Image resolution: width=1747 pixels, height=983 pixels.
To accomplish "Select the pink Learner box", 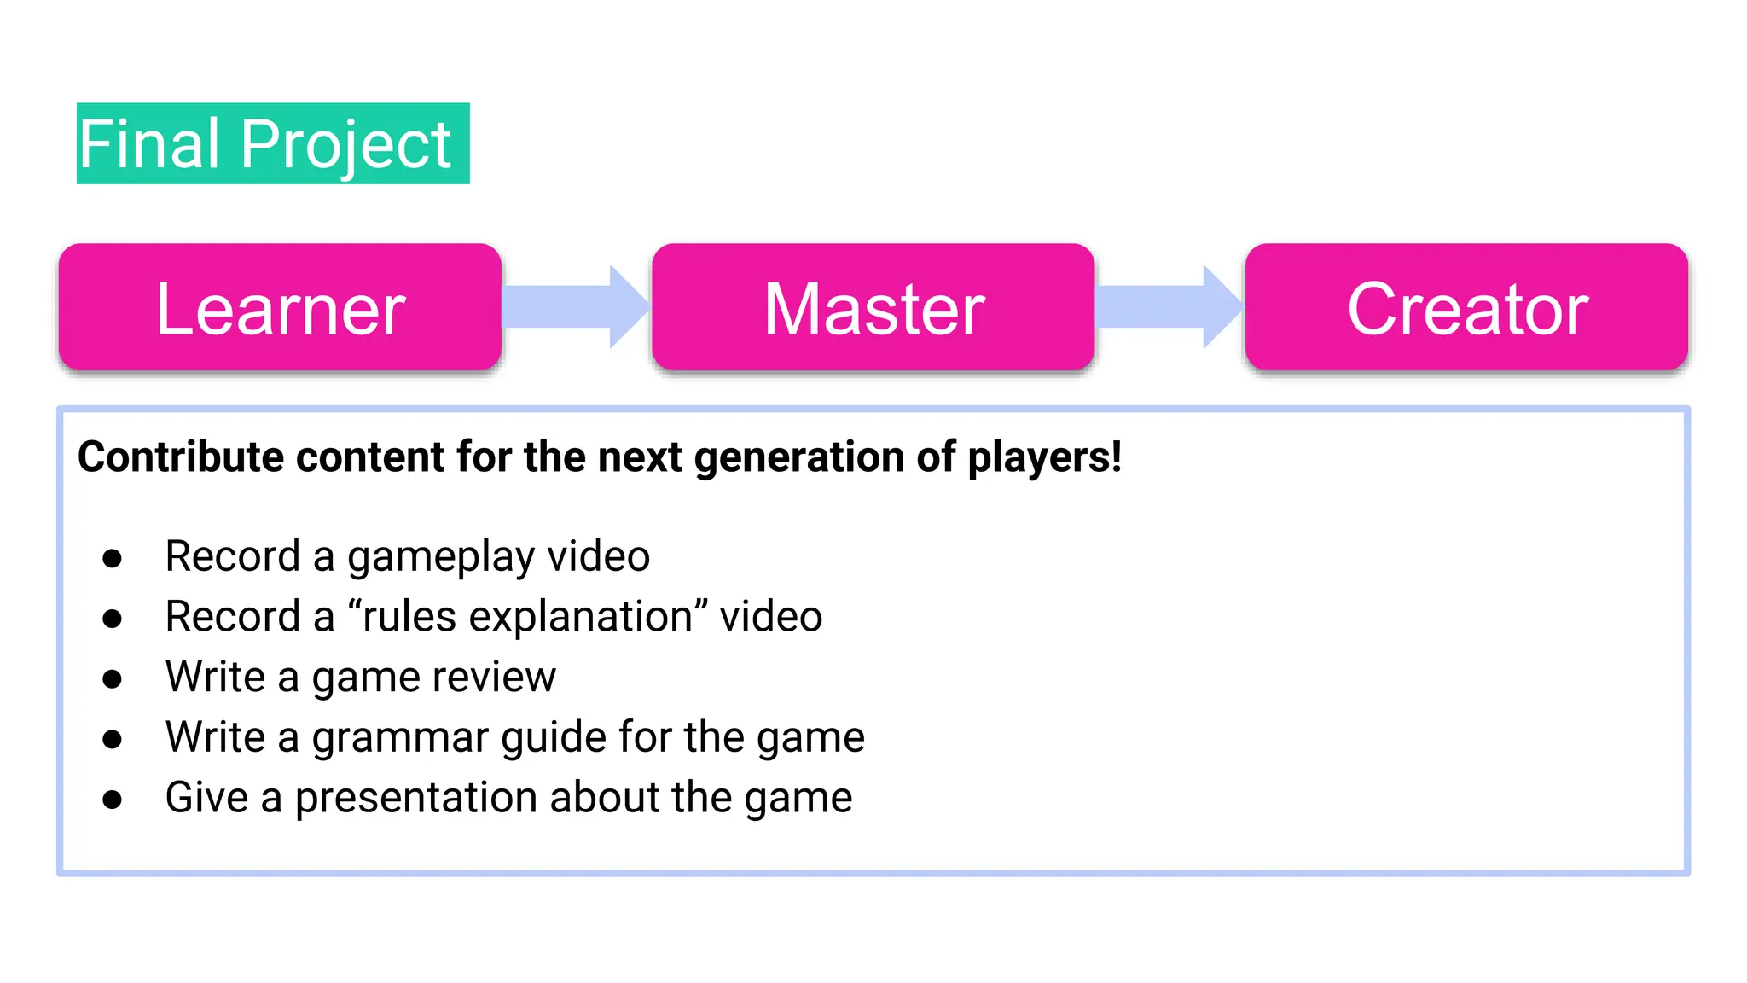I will pos(280,308).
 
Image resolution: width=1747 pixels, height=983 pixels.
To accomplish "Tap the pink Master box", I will pos(873,308).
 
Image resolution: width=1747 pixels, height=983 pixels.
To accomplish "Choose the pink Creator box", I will pos(1466,308).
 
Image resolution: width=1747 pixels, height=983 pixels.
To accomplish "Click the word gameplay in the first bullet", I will pos(440,558).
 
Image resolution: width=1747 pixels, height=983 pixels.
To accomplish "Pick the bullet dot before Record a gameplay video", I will pos(112,559).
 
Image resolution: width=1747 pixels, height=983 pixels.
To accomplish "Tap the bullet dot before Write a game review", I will pos(112,679).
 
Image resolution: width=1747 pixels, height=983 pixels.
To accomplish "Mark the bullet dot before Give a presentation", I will pos(112,800).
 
